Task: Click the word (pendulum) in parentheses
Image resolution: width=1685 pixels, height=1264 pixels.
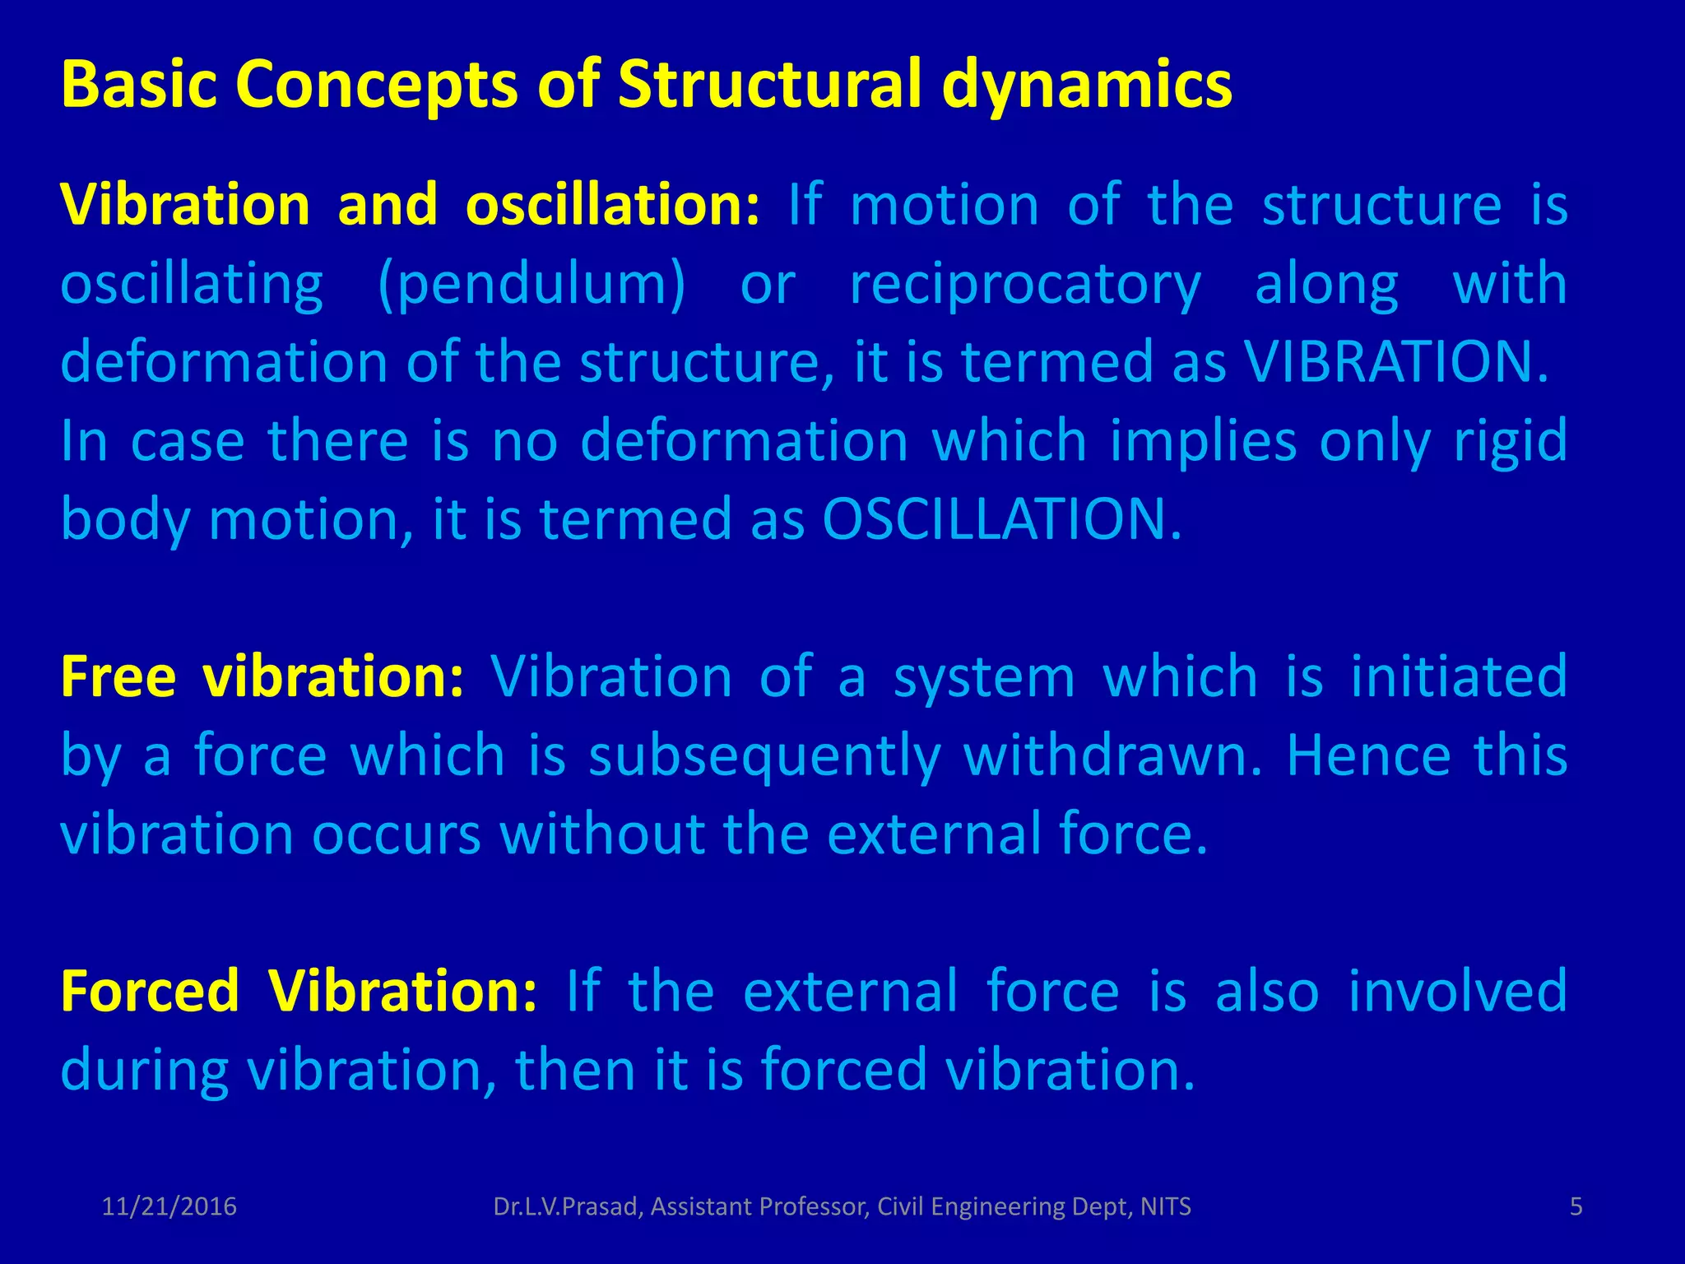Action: (531, 285)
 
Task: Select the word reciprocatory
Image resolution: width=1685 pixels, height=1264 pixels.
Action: (1025, 285)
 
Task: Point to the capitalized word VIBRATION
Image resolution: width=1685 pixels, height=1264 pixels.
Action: (1395, 362)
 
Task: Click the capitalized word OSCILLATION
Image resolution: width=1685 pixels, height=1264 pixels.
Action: (1001, 520)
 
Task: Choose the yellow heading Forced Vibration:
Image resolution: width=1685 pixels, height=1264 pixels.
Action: (299, 991)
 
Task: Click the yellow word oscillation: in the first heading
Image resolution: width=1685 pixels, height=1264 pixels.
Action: (612, 204)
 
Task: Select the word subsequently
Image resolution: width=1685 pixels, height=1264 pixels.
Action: (764, 755)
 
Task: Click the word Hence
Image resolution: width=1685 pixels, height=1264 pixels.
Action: (1368, 755)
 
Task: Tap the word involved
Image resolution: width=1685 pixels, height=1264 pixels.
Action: (1457, 991)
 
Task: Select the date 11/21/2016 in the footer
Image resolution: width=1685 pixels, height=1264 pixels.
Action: (169, 1207)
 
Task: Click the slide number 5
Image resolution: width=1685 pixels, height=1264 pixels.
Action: (1576, 1207)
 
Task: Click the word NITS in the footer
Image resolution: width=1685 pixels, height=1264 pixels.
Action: (1165, 1207)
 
